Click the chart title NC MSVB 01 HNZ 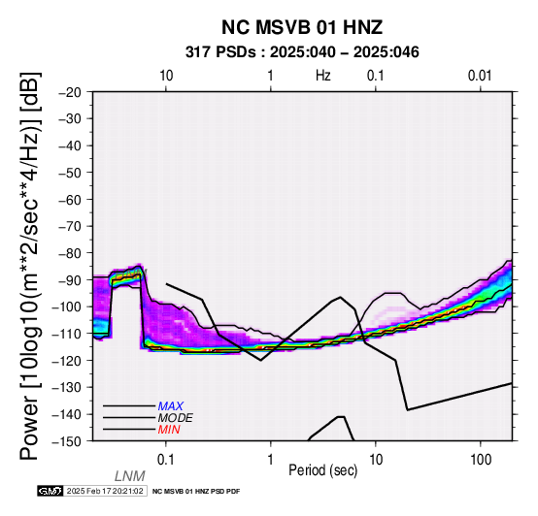pyautogui.click(x=302, y=27)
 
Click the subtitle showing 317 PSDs pyautogui.click(x=302, y=52)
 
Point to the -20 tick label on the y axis pyautogui.click(x=70, y=92)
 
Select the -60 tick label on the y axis pyautogui.click(x=70, y=200)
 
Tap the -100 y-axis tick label pyautogui.click(x=67, y=306)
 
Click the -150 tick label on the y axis pyautogui.click(x=67, y=441)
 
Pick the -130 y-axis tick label pyautogui.click(x=67, y=387)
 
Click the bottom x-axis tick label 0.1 pyautogui.click(x=166, y=460)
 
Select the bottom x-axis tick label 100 pyautogui.click(x=481, y=460)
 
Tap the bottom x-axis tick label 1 pyautogui.click(x=271, y=460)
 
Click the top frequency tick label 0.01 pyautogui.click(x=480, y=76)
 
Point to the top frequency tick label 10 pyautogui.click(x=166, y=76)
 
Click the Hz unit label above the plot pyautogui.click(x=323, y=76)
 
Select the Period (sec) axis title pyautogui.click(x=322, y=470)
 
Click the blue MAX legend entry pyautogui.click(x=171, y=406)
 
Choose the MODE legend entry pyautogui.click(x=176, y=418)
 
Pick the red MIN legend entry pyautogui.click(x=169, y=430)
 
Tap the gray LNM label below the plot pyautogui.click(x=130, y=476)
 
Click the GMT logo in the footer pyautogui.click(x=50, y=491)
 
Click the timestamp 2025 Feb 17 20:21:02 pyautogui.click(x=105, y=491)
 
